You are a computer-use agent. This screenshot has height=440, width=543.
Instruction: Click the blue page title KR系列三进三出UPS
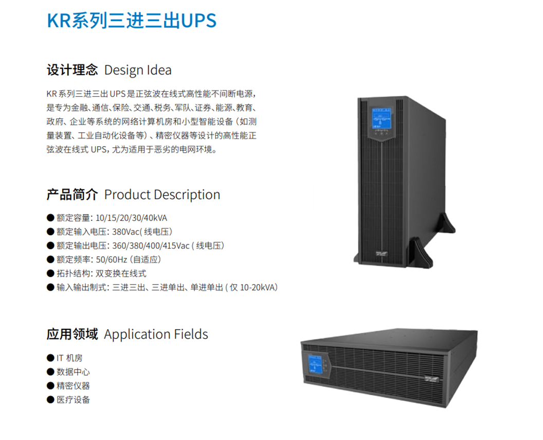[x=132, y=21]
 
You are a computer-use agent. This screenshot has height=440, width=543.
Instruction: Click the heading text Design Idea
[x=138, y=71]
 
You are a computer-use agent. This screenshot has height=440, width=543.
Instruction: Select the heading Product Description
[x=162, y=195]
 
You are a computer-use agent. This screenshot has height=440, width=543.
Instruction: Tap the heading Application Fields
[x=156, y=335]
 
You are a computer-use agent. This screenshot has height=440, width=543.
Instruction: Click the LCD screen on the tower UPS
[x=381, y=118]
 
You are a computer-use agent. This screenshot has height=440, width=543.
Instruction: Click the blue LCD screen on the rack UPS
[x=315, y=364]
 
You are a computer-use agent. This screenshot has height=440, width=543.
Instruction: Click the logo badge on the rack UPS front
[x=432, y=379]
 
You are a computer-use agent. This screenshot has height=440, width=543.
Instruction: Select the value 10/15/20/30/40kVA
[x=131, y=218]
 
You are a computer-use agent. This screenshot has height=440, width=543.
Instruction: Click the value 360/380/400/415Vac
[x=151, y=245]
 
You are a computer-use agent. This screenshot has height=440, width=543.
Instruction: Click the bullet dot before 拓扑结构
[x=50, y=273]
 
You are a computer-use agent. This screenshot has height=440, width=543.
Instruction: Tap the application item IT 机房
[x=69, y=358]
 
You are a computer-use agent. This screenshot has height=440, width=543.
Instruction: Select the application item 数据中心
[x=73, y=372]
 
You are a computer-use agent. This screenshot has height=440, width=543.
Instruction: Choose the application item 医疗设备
[x=73, y=400]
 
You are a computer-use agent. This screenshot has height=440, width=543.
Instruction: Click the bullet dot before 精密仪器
[x=50, y=385]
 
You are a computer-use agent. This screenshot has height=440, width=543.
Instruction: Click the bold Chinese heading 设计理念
[x=73, y=70]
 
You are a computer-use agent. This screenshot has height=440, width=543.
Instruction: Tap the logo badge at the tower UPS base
[x=382, y=254]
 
